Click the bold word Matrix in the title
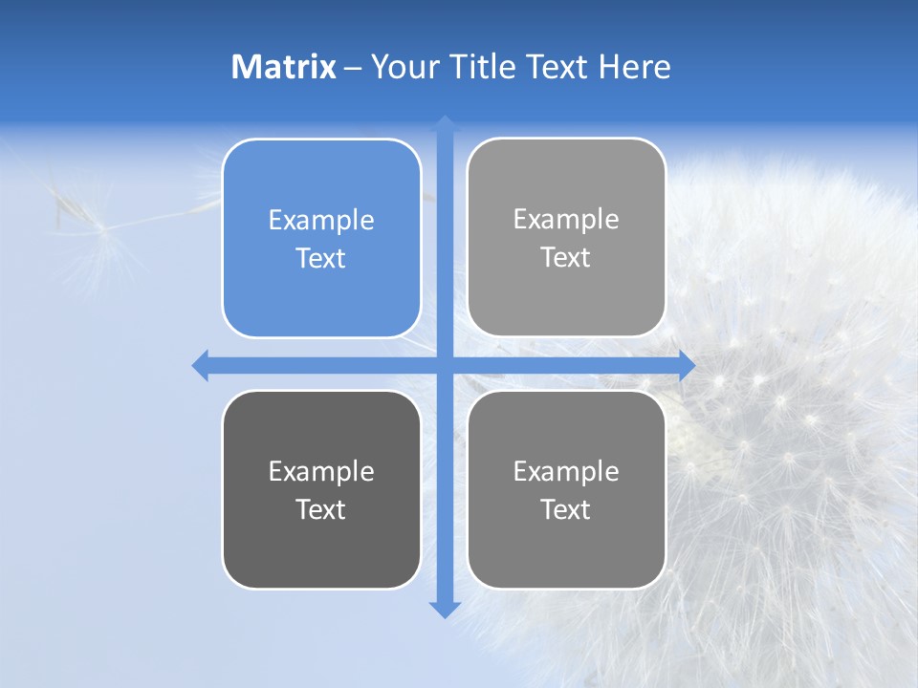tap(284, 67)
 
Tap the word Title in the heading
tap(478, 67)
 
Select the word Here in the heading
tap(634, 67)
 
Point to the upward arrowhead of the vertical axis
tap(445, 123)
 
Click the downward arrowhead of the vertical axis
tap(445, 610)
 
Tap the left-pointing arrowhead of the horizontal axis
tap(201, 365)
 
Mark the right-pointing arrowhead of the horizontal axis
tap(687, 365)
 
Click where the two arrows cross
tap(445, 365)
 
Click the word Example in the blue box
tap(321, 221)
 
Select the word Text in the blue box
tap(321, 259)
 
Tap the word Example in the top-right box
tap(566, 220)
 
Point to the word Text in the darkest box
tap(321, 510)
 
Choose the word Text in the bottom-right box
tap(566, 510)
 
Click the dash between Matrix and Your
tap(353, 68)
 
